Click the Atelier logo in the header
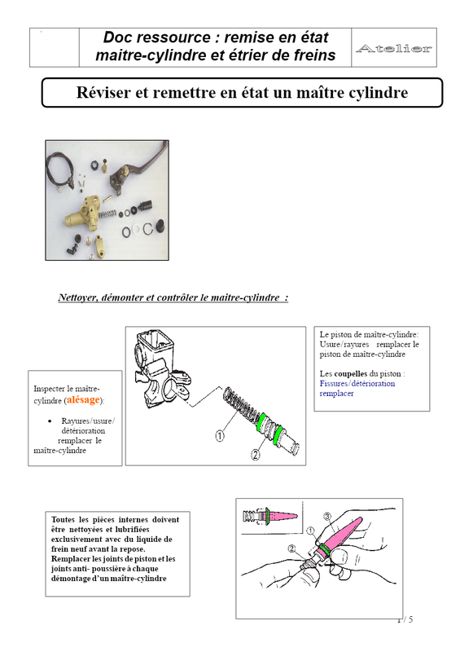coord(394,48)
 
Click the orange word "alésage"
coord(84,399)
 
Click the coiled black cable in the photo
coord(59,171)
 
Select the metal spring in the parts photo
coord(107,214)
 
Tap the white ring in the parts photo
coord(136,230)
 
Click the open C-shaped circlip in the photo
coord(148,229)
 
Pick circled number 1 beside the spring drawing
coord(219,436)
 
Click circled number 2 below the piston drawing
coord(256,455)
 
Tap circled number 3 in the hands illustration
coord(327,517)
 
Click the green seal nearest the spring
coord(262,421)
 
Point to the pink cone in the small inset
coord(283,516)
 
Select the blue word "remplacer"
coord(336,394)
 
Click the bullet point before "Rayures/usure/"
coord(50,421)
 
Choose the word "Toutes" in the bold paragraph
coord(64,519)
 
